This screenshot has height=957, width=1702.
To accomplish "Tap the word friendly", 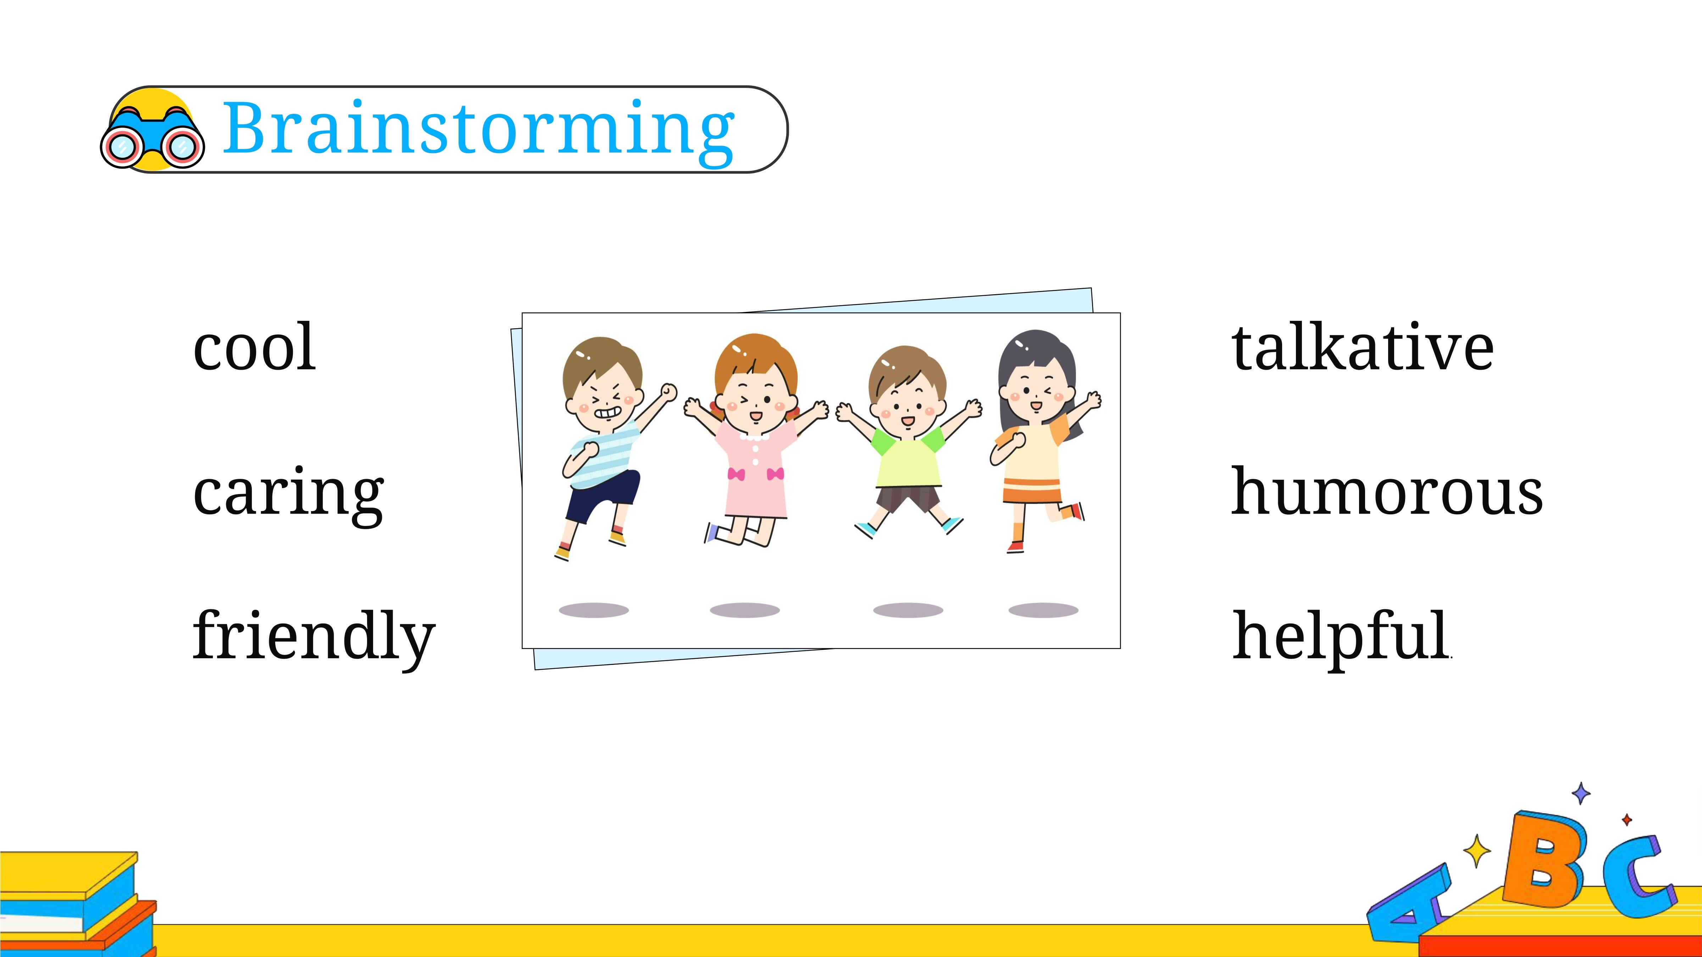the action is (314, 636).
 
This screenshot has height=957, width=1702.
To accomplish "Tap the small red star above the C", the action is (1627, 819).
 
